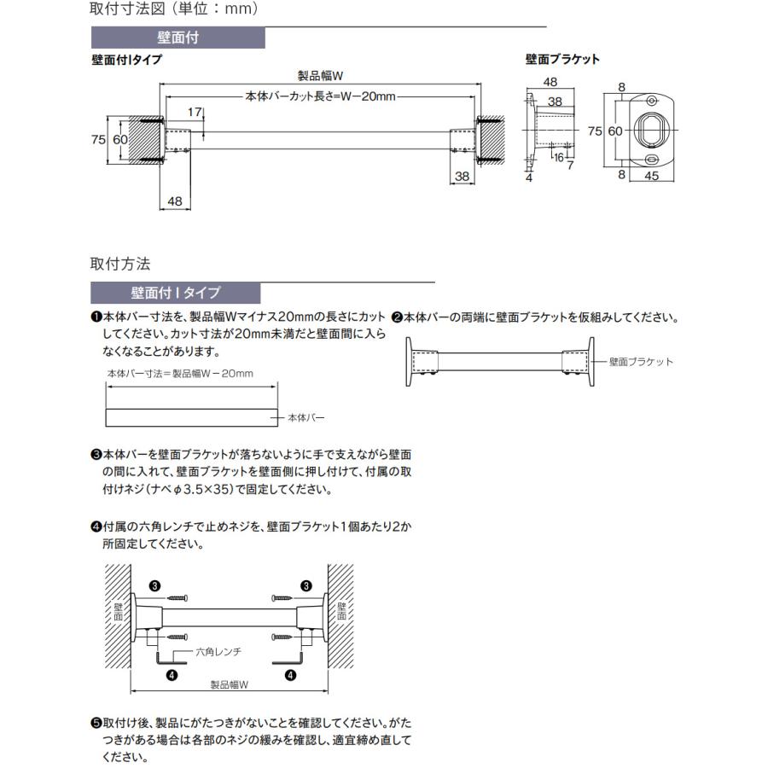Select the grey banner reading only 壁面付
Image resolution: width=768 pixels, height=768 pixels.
click(178, 38)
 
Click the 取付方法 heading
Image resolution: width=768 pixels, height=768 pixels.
click(120, 264)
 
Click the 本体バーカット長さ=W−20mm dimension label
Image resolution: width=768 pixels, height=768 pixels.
click(321, 96)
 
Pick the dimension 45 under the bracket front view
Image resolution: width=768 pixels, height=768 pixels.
click(651, 177)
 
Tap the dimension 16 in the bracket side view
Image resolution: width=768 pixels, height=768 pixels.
click(557, 157)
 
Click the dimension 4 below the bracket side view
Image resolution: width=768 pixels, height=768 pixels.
click(529, 178)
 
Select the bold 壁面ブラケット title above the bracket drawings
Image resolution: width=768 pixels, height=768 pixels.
click(562, 60)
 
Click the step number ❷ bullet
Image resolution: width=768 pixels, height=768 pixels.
click(397, 317)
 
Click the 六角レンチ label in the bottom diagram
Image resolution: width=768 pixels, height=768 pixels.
click(218, 651)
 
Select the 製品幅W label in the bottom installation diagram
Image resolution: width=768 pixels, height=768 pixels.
click(228, 684)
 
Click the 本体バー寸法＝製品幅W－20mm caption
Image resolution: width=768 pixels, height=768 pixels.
click(180, 374)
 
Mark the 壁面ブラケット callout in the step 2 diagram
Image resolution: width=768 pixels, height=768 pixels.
click(641, 362)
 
